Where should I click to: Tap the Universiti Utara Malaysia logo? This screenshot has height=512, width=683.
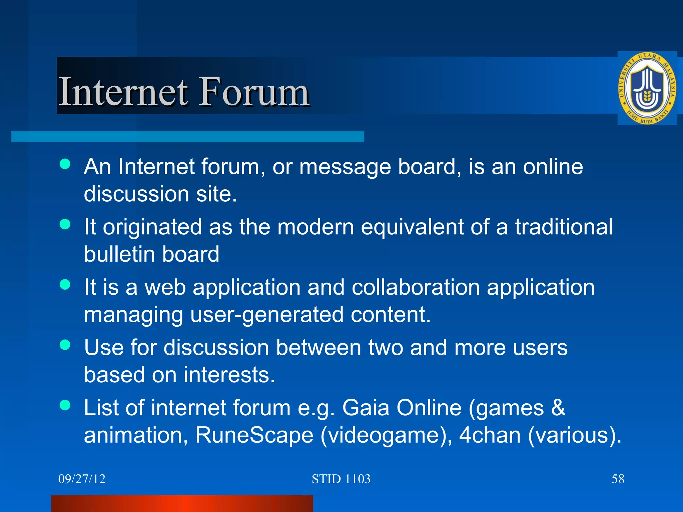coord(647,88)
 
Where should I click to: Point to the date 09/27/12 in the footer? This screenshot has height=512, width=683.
coord(82,479)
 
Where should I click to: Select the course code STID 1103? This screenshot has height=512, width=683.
coord(341,479)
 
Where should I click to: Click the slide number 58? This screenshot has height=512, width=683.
coord(618,479)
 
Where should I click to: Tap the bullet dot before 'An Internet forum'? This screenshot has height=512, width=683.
coord(65,164)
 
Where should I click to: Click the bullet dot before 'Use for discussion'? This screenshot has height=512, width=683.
coord(65,345)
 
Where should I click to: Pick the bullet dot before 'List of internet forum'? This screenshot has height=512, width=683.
coord(65,405)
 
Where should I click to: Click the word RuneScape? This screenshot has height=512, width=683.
coord(254,435)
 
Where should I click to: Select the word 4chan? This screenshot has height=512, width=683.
coord(490,435)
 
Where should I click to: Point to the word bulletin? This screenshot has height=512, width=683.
coord(120,254)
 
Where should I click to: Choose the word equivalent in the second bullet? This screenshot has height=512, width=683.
coord(412,227)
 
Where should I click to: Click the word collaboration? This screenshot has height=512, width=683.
coord(416,287)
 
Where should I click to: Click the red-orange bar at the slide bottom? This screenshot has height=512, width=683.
coord(182,503)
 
